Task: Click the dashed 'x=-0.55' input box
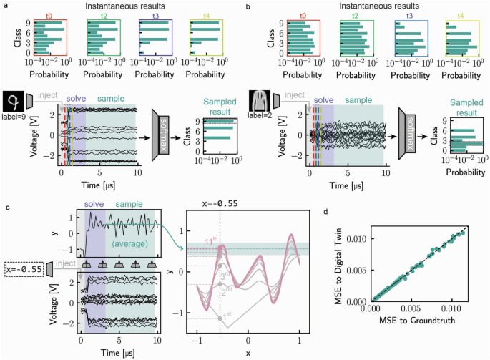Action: click(x=23, y=268)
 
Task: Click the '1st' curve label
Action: click(x=227, y=315)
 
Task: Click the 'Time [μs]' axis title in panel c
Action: click(x=117, y=354)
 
